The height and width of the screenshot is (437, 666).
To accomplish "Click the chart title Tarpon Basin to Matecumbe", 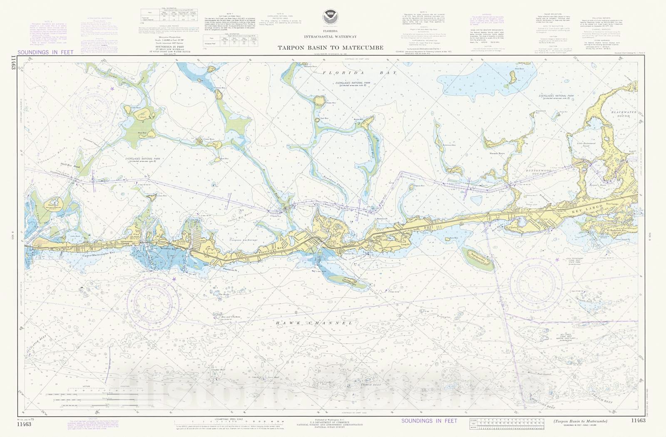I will point(331,48).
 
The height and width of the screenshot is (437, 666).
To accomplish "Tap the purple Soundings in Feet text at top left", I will point(45,52).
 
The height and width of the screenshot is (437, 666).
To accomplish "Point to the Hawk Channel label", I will point(314,323).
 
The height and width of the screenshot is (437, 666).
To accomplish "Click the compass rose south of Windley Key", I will point(150,300).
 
